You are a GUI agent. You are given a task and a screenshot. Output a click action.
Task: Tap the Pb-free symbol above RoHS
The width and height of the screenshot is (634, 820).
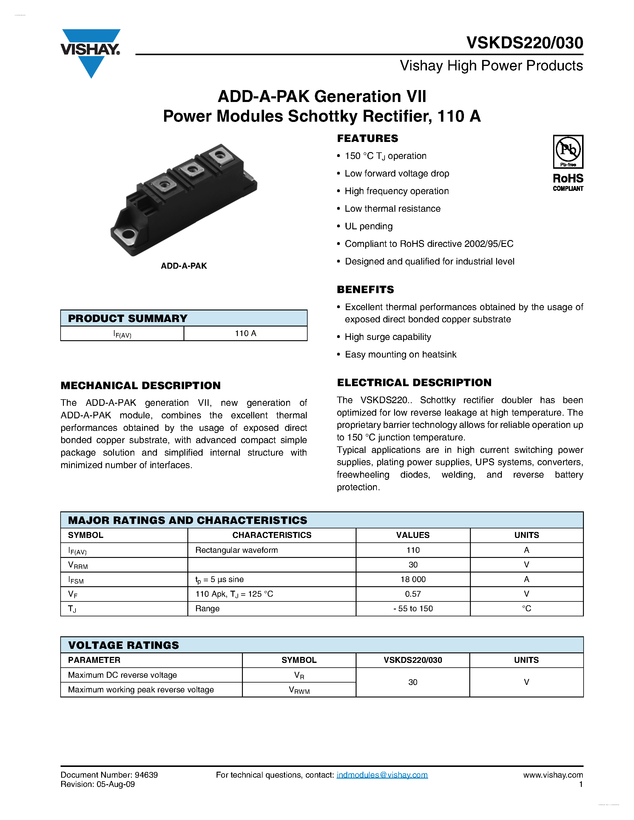(568, 151)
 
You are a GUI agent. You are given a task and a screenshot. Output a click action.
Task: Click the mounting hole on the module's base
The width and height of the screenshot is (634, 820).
(129, 235)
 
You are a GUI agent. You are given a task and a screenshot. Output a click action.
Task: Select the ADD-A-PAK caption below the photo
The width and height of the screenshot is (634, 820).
(184, 266)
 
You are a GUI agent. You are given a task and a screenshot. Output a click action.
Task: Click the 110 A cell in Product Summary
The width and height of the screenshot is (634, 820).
(245, 333)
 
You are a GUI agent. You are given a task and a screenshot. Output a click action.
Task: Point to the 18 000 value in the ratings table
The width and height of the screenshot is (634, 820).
(413, 579)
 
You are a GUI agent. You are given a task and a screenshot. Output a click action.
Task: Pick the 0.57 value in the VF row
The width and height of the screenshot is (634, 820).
(413, 594)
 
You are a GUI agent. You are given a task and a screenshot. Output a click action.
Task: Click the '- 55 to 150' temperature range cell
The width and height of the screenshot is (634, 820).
(413, 609)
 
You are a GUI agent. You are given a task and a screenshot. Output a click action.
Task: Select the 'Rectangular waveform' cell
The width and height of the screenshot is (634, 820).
(236, 550)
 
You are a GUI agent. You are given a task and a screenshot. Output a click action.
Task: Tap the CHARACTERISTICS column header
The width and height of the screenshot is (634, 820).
(272, 535)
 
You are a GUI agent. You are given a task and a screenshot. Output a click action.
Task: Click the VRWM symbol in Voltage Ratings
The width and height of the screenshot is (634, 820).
(299, 690)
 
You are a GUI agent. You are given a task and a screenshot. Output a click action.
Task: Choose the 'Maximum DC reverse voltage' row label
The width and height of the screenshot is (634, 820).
(122, 675)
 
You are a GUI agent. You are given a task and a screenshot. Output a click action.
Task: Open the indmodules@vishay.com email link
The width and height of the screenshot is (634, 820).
(382, 775)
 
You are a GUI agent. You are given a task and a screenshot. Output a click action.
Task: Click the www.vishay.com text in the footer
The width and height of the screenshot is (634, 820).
(553, 775)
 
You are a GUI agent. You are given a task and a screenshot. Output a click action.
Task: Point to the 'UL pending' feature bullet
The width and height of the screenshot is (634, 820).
(368, 226)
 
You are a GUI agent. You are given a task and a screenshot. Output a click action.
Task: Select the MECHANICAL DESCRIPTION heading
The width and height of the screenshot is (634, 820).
(141, 386)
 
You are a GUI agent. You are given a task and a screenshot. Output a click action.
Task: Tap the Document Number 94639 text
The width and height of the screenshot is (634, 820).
(109, 775)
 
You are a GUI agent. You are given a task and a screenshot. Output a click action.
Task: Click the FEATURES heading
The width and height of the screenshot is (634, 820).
(367, 139)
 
